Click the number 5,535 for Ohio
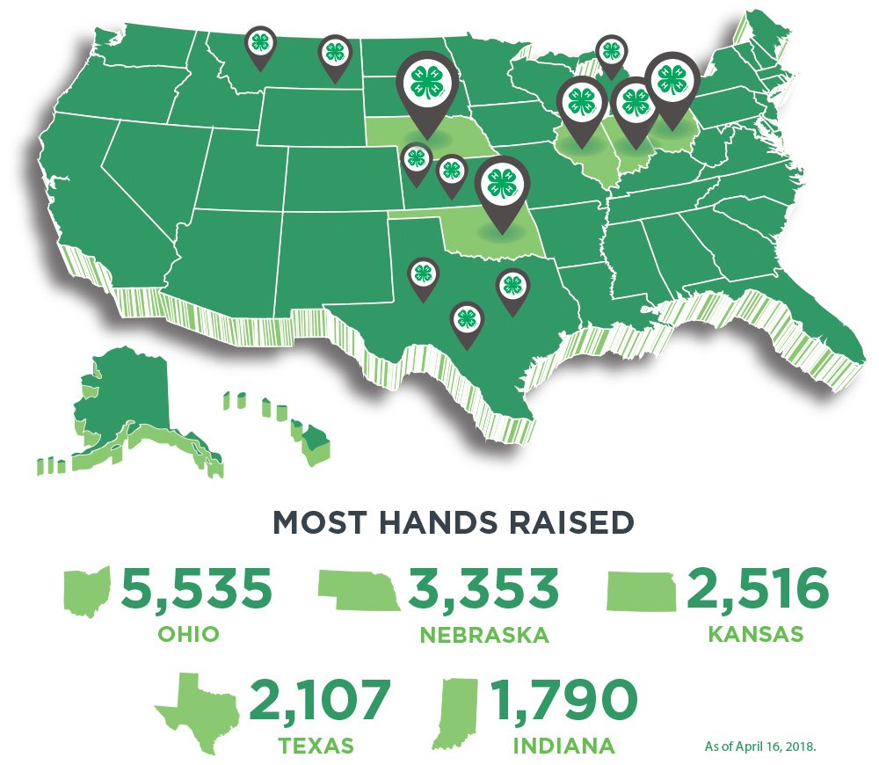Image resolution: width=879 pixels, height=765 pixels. [196, 589]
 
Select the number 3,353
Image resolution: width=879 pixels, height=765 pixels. [482, 589]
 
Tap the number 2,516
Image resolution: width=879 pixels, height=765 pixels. [757, 589]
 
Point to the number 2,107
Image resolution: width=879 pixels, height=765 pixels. [318, 701]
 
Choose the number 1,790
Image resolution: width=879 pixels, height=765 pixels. [563, 701]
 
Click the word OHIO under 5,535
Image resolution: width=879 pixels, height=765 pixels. [187, 634]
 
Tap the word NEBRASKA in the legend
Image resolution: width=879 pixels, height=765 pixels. [484, 635]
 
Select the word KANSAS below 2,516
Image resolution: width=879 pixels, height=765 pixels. [756, 634]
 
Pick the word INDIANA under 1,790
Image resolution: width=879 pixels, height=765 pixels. [565, 747]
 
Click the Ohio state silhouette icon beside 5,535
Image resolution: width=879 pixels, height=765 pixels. [88, 591]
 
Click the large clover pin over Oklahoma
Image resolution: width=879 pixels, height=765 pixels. [503, 187]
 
